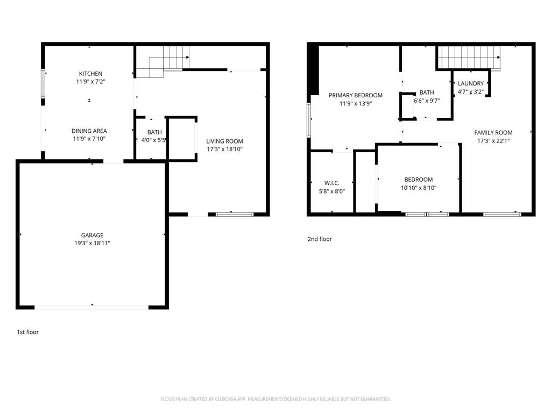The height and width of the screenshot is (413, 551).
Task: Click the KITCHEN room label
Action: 90,74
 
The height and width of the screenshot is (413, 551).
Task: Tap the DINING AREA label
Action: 89,131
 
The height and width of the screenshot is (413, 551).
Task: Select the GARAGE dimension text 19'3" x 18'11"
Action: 93,243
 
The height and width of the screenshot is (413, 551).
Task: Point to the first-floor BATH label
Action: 154,132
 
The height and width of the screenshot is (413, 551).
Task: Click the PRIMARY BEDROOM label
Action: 356,95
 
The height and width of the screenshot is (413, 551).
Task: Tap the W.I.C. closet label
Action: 331,183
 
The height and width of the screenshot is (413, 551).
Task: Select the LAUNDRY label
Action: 471,83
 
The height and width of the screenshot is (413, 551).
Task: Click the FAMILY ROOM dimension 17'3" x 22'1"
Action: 493,141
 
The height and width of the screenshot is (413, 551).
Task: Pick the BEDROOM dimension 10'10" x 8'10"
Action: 418,188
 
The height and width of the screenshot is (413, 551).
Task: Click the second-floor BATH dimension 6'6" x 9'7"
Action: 427,101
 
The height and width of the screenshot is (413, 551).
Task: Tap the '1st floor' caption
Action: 27,332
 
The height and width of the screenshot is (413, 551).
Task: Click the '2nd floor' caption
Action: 320,239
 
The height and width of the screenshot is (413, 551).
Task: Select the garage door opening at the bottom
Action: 91,307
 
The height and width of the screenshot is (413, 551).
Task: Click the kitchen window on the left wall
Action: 44,84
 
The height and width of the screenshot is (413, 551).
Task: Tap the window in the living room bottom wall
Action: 235,215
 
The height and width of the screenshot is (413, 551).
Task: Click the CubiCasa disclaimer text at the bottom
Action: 275,399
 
